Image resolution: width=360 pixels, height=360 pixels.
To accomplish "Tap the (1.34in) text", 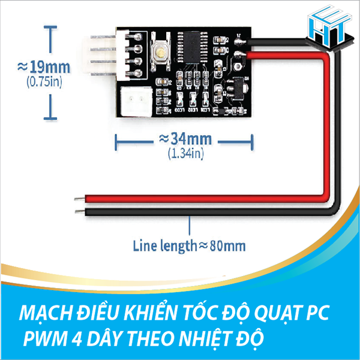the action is click(x=185, y=154).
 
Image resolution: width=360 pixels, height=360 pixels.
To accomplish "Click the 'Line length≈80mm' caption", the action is click(x=188, y=245).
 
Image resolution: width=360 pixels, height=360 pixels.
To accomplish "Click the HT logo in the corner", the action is click(x=328, y=27).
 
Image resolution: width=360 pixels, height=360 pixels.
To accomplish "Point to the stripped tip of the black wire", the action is click(x=79, y=211).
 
